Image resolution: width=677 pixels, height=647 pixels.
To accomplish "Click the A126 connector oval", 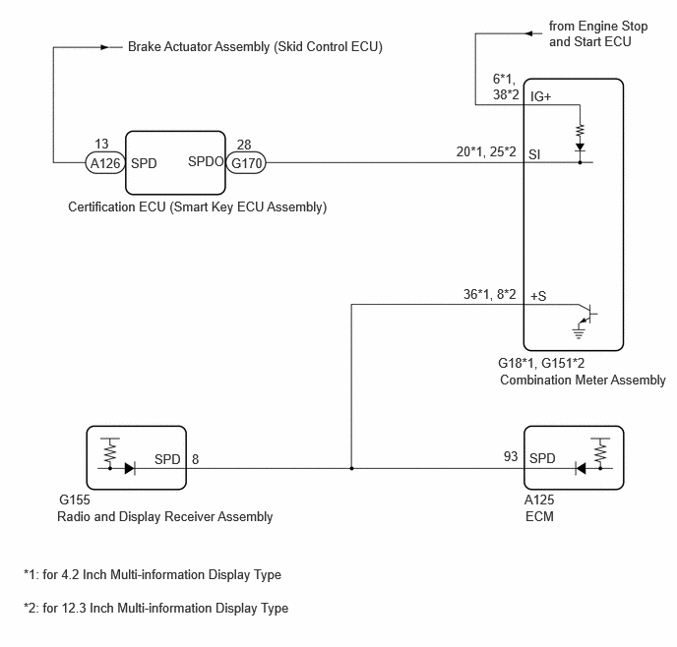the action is click(x=105, y=163).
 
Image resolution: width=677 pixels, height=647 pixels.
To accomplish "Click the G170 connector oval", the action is click(x=246, y=163).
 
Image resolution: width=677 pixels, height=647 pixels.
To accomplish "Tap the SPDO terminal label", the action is click(x=206, y=161).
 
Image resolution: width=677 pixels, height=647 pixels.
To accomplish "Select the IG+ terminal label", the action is click(x=540, y=96).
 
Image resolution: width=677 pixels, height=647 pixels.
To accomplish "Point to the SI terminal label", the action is click(x=534, y=154).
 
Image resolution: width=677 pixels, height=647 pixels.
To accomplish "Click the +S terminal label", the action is click(x=538, y=296).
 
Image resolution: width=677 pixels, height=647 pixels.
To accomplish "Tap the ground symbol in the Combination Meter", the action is click(x=579, y=332).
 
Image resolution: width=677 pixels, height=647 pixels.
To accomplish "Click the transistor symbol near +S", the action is click(x=588, y=314).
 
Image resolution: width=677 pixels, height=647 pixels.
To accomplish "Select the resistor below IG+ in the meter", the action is click(x=580, y=131).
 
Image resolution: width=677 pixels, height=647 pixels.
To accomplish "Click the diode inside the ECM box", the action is click(x=581, y=468).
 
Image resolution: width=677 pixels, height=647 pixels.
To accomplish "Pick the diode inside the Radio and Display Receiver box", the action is click(x=129, y=468).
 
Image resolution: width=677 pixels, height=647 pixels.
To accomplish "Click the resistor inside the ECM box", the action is click(x=600, y=453).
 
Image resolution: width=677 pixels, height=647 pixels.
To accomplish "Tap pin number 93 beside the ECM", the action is click(x=511, y=456).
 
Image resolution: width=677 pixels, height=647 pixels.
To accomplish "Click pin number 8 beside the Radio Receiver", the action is click(x=195, y=459).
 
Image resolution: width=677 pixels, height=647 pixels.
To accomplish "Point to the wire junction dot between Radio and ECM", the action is click(x=351, y=468).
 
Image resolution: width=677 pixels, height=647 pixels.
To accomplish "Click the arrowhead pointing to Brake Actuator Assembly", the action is click(x=105, y=47).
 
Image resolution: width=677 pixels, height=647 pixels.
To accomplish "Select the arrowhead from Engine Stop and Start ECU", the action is click(x=529, y=33).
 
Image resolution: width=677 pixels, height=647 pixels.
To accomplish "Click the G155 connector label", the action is click(x=75, y=500).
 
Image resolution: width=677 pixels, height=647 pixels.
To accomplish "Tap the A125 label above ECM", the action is click(x=539, y=500).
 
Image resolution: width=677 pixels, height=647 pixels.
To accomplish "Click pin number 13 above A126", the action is click(x=101, y=144).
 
